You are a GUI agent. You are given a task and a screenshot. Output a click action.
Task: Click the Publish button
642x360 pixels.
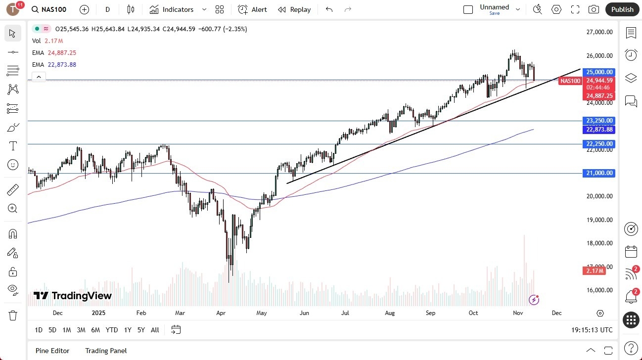coord(622,9)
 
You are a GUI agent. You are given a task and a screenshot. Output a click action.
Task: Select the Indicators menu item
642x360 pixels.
coord(172,9)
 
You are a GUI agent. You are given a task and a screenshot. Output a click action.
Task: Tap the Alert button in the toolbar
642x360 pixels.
coord(252,9)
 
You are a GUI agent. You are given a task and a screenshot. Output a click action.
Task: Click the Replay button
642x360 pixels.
coord(294,9)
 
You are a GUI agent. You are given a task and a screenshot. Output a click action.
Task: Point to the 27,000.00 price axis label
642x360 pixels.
coord(599,32)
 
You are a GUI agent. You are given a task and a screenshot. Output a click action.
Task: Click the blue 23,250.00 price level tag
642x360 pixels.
coord(599,121)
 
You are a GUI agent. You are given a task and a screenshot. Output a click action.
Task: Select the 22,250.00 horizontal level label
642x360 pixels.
coord(599,144)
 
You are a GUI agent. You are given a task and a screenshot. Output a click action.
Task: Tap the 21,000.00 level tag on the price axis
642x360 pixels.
coord(599,173)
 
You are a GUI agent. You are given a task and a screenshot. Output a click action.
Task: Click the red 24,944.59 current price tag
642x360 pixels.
coord(599,81)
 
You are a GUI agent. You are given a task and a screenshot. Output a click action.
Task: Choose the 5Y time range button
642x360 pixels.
coord(141,330)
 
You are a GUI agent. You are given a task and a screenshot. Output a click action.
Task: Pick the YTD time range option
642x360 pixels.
coord(112,330)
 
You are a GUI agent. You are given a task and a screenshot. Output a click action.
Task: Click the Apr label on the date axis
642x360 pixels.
coord(221,313)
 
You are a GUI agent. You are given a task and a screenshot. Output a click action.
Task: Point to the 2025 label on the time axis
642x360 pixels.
coord(99,313)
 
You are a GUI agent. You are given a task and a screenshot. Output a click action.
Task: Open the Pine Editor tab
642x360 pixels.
coord(52,351)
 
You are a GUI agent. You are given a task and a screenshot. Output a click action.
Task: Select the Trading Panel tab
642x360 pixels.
coord(106,351)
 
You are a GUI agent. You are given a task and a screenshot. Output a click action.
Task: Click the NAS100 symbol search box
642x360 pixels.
coord(49,9)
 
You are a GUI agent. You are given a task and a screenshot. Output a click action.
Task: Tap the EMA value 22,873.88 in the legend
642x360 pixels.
coord(62,65)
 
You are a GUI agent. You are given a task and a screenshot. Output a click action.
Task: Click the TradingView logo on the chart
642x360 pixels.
coord(73,296)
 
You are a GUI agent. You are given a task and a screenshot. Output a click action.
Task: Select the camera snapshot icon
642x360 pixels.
coord(594,9)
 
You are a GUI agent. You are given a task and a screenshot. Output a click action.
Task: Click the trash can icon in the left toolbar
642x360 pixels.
coord(13,315)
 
